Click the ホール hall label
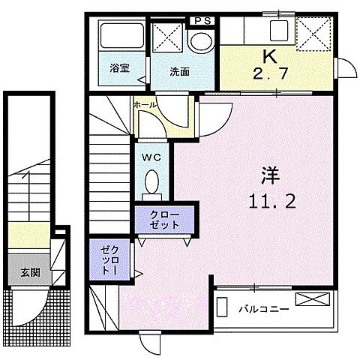(145, 105)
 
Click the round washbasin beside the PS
(199, 43)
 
